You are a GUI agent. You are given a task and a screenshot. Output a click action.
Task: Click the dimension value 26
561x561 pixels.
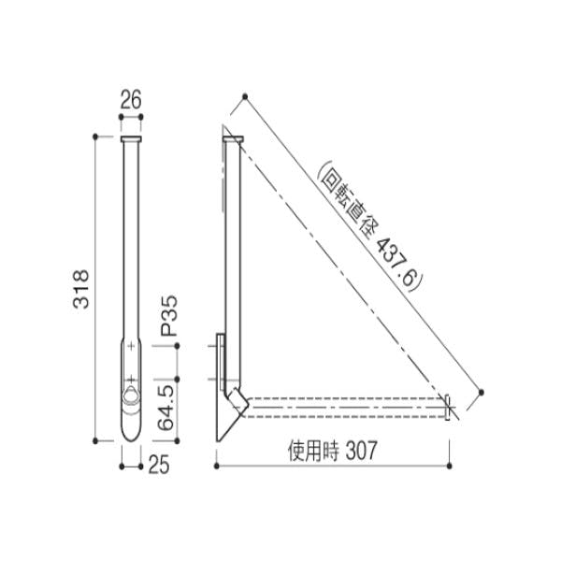[x=131, y=99]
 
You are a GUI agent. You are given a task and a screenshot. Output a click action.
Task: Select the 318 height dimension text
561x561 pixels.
[x=80, y=289]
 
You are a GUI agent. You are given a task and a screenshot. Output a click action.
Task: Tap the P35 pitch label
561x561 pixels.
[x=168, y=316]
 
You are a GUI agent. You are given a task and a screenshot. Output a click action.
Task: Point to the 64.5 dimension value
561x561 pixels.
[x=165, y=408]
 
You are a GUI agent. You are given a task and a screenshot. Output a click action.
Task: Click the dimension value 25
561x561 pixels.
[x=159, y=465]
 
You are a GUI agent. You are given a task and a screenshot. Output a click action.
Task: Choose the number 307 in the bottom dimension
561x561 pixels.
[x=361, y=451]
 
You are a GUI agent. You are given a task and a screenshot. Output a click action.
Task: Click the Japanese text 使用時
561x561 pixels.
[x=313, y=451]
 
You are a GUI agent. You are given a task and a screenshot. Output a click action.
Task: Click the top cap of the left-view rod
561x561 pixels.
[x=131, y=138]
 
